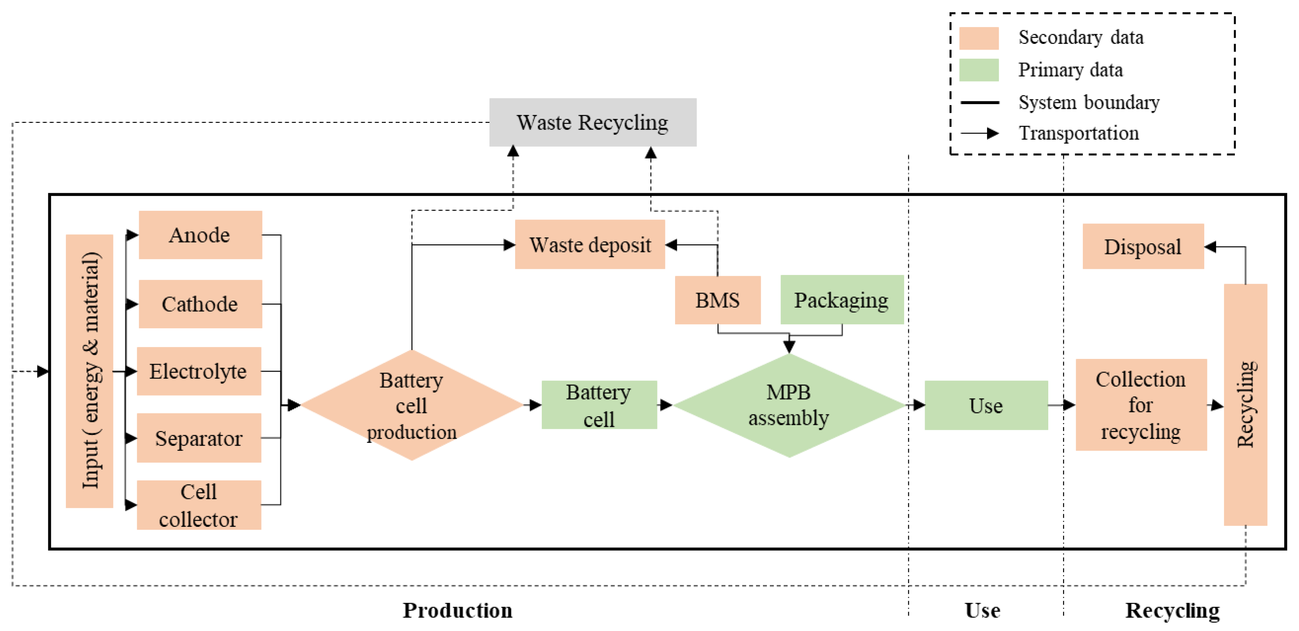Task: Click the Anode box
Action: pos(200,235)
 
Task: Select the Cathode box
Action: pos(200,304)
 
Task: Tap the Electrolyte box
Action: pos(199,371)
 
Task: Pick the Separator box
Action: pos(199,438)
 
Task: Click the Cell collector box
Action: pos(199,505)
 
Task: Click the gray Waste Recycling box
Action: pos(593,123)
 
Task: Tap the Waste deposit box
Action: pos(589,245)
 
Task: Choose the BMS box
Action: pos(717,300)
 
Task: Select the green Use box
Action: pos(986,405)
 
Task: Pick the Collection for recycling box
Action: pos(1140,405)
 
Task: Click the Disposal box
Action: pos(1143,246)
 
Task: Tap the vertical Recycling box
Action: pos(1245,405)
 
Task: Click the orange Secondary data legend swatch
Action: pos(978,38)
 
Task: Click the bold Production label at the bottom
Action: pos(457,610)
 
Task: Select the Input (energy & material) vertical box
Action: pos(90,371)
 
